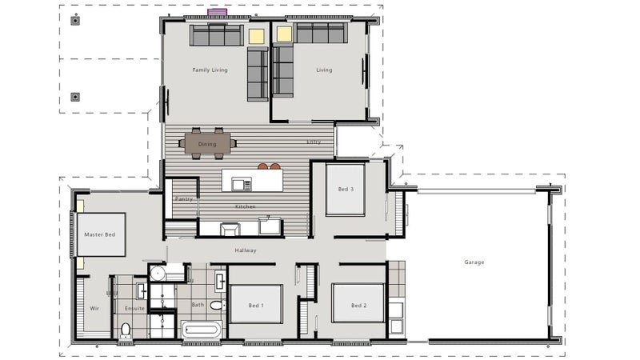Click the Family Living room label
click(x=210, y=70)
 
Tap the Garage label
click(x=474, y=262)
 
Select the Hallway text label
click(x=246, y=250)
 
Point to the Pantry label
click(x=184, y=198)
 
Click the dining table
click(x=207, y=144)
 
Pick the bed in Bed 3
click(x=346, y=190)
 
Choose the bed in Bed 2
click(x=358, y=303)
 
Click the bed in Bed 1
click(x=256, y=304)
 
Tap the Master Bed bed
click(x=101, y=234)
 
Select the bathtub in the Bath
click(x=202, y=330)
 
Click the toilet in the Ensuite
click(x=126, y=330)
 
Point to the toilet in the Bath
click(x=218, y=306)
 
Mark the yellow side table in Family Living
click(x=257, y=36)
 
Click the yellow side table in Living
click(x=285, y=34)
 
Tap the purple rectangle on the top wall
click(x=217, y=12)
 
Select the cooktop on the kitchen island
click(x=242, y=184)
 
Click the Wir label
click(x=94, y=308)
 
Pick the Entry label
click(x=314, y=142)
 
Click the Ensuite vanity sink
click(x=142, y=291)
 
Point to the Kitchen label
click(x=246, y=206)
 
